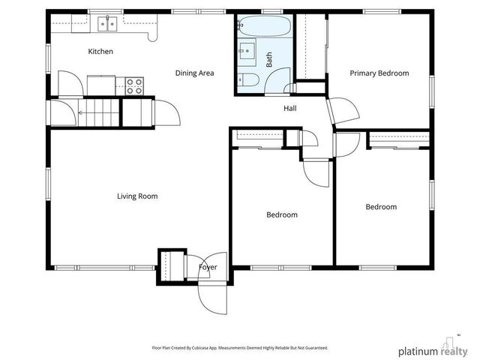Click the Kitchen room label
click(100, 52)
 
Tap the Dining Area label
click(194, 73)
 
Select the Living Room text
click(137, 196)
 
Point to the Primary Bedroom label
click(379, 73)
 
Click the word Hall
click(290, 108)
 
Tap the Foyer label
click(208, 267)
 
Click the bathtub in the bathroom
click(265, 25)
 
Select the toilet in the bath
click(248, 79)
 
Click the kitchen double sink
click(107, 24)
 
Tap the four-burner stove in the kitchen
click(134, 86)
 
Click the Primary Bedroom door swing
click(343, 112)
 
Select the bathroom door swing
click(277, 80)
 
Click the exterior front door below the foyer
click(213, 299)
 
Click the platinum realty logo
click(433, 348)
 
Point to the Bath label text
click(269, 59)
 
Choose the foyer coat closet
click(171, 265)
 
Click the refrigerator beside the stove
click(101, 85)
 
